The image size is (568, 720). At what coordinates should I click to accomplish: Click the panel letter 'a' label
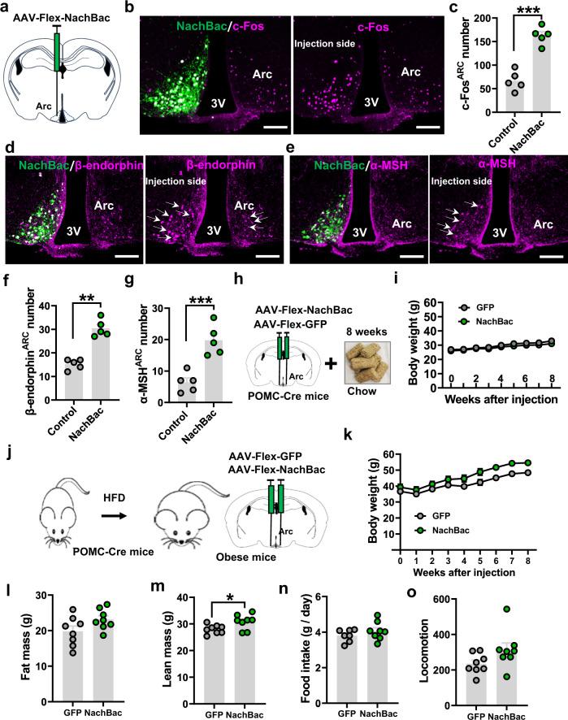[x=7, y=8]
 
